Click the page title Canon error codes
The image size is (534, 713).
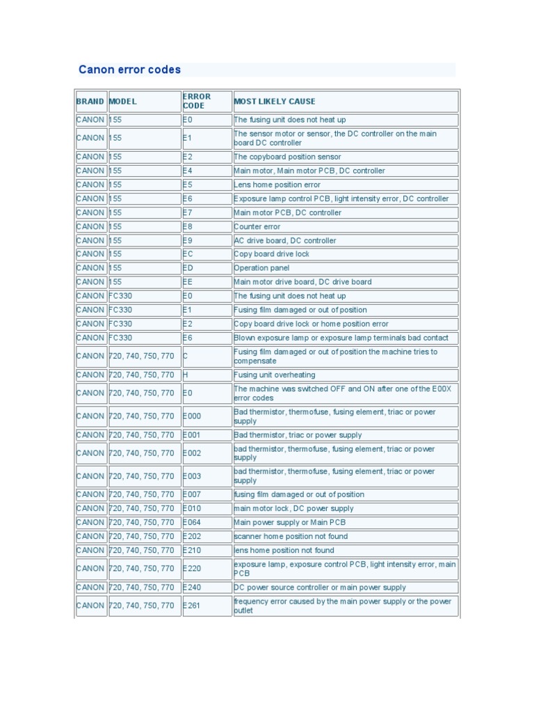(x=129, y=70)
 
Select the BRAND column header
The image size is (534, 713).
(x=90, y=102)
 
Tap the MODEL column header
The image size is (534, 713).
(x=123, y=102)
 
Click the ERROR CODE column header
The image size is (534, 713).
(x=197, y=102)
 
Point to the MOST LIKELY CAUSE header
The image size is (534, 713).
(x=274, y=102)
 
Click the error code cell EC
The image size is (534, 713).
(x=188, y=254)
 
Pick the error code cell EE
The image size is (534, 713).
(x=188, y=282)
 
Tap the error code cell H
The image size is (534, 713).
(x=186, y=375)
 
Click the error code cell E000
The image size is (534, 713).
(x=192, y=416)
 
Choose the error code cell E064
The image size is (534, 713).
(x=192, y=522)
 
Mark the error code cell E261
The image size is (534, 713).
(x=192, y=606)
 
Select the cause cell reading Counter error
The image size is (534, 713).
(x=257, y=226)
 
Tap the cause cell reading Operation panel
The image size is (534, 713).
(x=261, y=268)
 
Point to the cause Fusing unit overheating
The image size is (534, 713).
(x=274, y=375)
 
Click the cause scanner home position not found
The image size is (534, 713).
(x=291, y=536)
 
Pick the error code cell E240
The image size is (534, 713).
(x=192, y=587)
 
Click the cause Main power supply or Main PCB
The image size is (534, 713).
(x=289, y=522)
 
